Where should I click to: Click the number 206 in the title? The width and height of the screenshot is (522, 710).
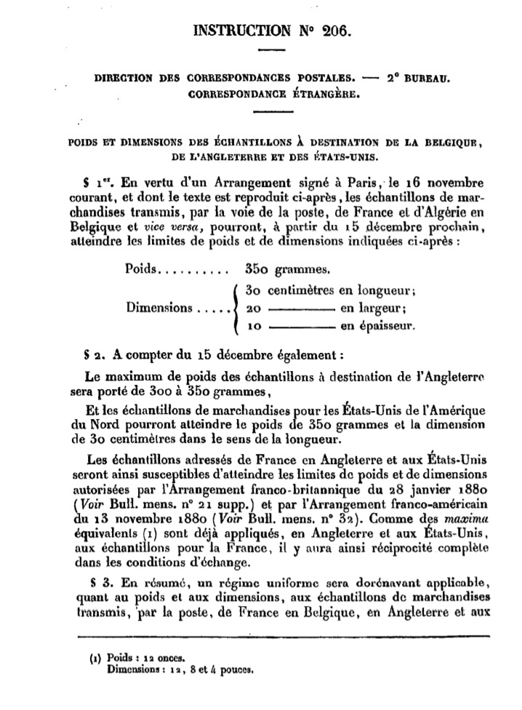[335, 31]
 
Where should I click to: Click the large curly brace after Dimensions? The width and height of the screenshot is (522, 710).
[235, 307]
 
